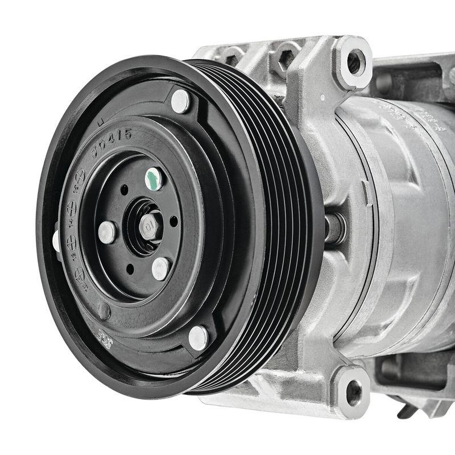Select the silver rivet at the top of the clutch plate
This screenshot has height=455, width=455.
180,101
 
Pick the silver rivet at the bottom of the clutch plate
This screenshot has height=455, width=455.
198,338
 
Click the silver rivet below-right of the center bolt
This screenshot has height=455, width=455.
161,268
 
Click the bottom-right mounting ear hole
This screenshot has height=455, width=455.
354,392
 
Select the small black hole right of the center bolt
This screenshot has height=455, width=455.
173,221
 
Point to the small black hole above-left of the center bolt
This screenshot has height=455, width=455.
125,189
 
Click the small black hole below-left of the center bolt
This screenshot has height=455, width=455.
130,267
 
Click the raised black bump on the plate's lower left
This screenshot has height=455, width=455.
104,311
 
